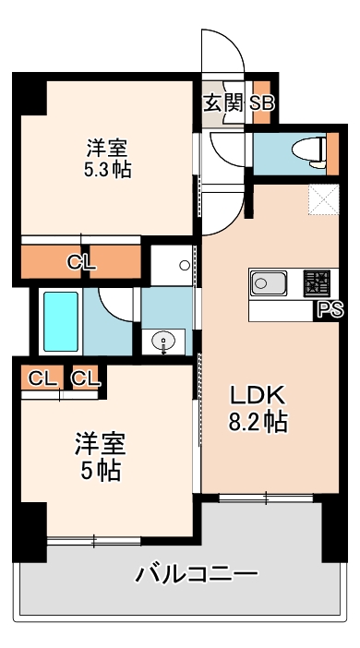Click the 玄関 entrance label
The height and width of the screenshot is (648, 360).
(222, 102)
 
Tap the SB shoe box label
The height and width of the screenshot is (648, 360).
(259, 102)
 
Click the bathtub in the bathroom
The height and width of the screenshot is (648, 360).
(61, 321)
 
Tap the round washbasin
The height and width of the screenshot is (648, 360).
(165, 340)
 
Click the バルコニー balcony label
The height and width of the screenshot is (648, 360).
(196, 575)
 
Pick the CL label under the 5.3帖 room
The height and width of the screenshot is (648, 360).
(81, 262)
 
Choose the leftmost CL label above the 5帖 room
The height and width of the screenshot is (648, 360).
(40, 377)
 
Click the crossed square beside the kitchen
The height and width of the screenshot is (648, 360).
(324, 200)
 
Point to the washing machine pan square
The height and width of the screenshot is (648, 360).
(172, 265)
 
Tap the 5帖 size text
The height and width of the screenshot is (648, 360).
(100, 470)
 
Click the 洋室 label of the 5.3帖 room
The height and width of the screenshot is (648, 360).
(107, 147)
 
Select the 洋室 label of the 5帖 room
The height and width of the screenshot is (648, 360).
(100, 443)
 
